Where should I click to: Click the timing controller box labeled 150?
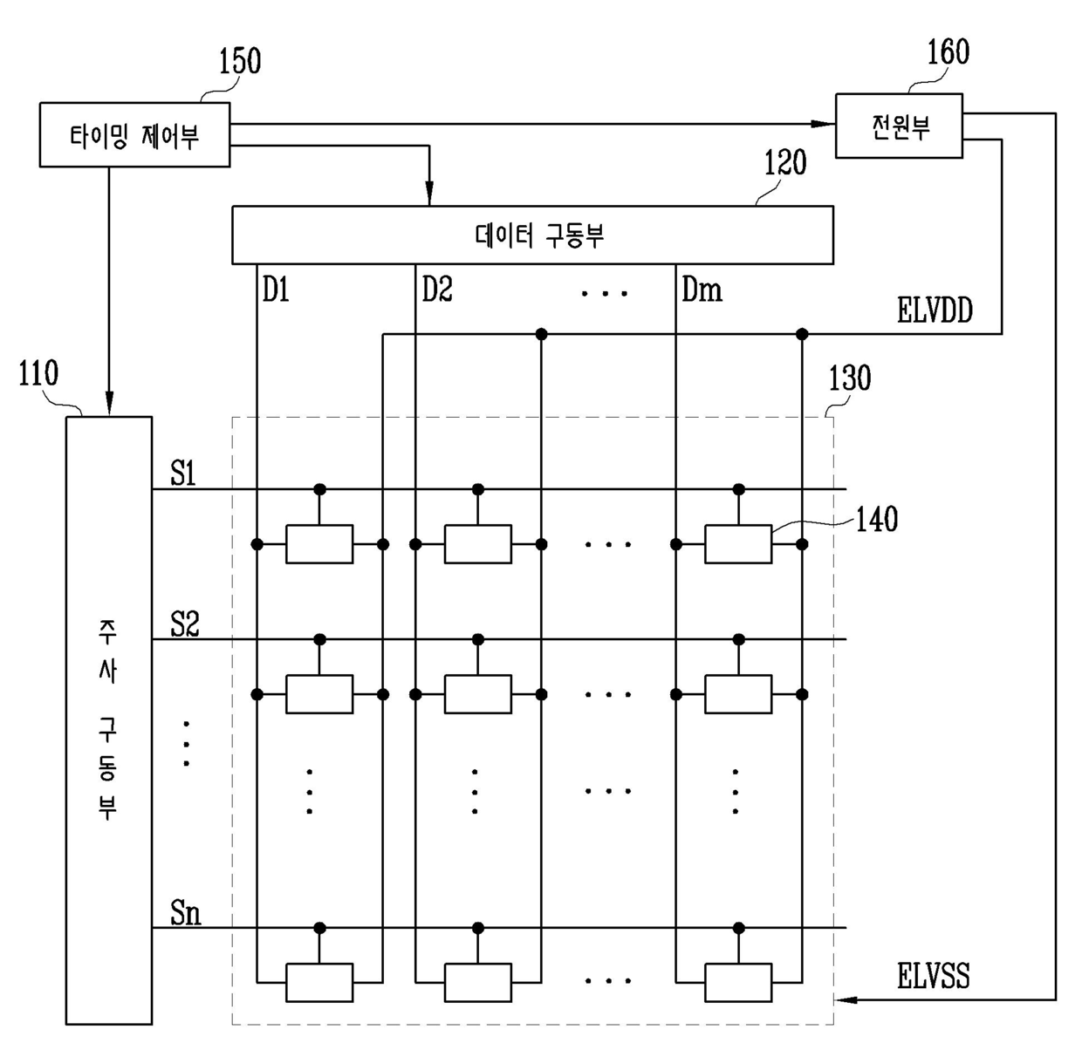pyautogui.click(x=134, y=134)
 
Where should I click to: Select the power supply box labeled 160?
pyautogui.click(x=899, y=126)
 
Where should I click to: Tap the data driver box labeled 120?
pyautogui.click(x=532, y=235)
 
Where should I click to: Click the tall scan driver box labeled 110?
pyautogui.click(x=108, y=719)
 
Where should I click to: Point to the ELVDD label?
pyautogui.click(x=935, y=310)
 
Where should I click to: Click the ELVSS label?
pyautogui.click(x=933, y=976)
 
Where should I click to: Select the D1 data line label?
pyautogui.click(x=276, y=290)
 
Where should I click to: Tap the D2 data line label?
pyautogui.click(x=437, y=290)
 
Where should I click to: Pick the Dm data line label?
pyautogui.click(x=702, y=290)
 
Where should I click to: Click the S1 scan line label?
pyautogui.click(x=183, y=474)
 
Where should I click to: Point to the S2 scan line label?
pyautogui.click(x=185, y=624)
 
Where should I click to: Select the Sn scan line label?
pyautogui.click(x=185, y=913)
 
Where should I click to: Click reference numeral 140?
pyautogui.click(x=876, y=520)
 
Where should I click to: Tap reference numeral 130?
pyautogui.click(x=849, y=378)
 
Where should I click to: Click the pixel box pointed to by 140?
pyautogui.click(x=738, y=544)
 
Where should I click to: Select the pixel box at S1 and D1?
pyautogui.click(x=319, y=544)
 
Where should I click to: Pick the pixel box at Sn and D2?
pyautogui.click(x=477, y=983)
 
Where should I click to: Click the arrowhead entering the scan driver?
pyautogui.click(x=109, y=405)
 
